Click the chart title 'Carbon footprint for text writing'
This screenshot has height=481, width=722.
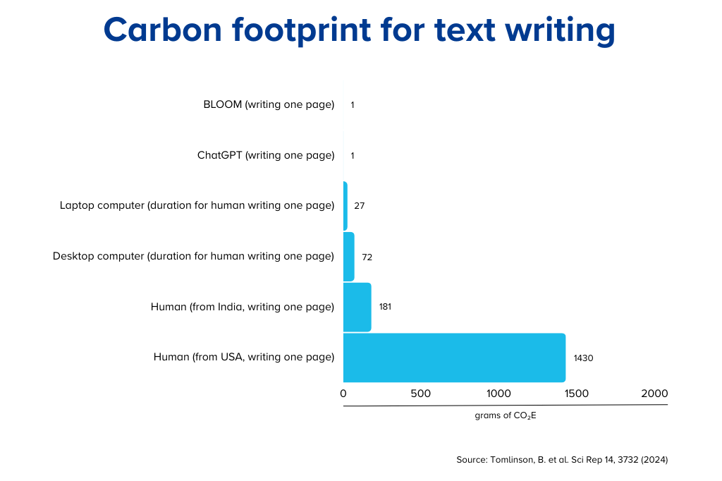(x=359, y=30)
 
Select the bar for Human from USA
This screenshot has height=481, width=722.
(x=455, y=358)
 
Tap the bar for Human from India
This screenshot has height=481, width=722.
(x=357, y=307)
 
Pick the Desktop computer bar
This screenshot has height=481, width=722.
(x=349, y=257)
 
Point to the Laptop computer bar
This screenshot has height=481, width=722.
(x=345, y=206)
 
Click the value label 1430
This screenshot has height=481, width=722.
(x=583, y=358)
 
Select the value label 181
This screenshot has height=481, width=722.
(x=386, y=307)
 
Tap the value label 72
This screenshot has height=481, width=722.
(x=367, y=257)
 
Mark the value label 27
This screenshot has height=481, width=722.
(x=359, y=206)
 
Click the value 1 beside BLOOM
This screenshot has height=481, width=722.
(x=353, y=105)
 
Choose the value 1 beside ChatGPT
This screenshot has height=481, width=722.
(x=353, y=156)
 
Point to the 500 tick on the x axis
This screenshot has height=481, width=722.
(x=421, y=394)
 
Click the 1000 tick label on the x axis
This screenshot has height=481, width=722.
(x=498, y=394)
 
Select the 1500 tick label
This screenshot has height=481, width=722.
(x=577, y=394)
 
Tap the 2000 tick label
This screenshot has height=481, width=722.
(x=654, y=394)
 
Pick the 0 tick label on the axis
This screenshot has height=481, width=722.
(x=343, y=394)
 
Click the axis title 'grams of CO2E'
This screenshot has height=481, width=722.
(x=506, y=415)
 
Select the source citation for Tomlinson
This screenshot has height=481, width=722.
(x=562, y=460)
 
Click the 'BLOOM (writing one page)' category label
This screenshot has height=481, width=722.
(x=269, y=105)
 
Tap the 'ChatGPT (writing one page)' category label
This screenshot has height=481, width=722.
(x=266, y=155)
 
